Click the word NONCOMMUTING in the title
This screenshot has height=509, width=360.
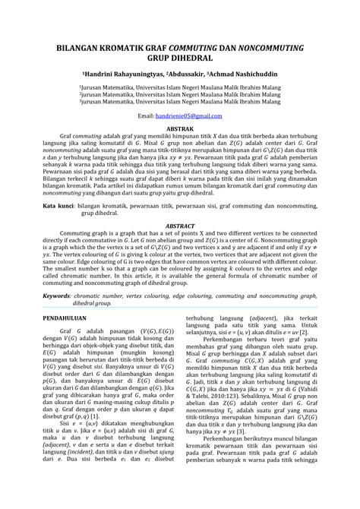coord(267,47)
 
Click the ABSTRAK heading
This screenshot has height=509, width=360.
coord(180,131)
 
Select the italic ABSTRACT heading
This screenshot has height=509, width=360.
coord(180,226)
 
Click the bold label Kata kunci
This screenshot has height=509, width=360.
coord(58,205)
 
